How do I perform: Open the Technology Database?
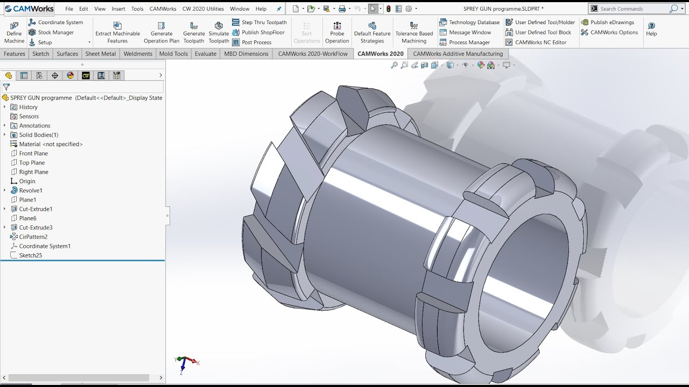(474, 23)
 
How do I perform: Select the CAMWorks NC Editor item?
(540, 42)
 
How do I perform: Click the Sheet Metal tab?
(100, 54)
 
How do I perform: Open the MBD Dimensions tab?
(246, 54)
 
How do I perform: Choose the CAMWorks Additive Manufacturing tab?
(458, 54)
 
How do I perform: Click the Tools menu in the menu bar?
(137, 9)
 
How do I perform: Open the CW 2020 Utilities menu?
(203, 9)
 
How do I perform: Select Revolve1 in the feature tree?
(31, 190)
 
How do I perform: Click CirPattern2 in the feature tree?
(33, 237)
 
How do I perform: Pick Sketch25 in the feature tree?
(31, 255)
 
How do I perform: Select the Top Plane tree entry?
(32, 163)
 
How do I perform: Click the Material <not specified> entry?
(51, 144)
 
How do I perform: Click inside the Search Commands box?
(632, 9)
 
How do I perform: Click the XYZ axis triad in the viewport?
(185, 363)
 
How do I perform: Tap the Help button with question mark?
(651, 28)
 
